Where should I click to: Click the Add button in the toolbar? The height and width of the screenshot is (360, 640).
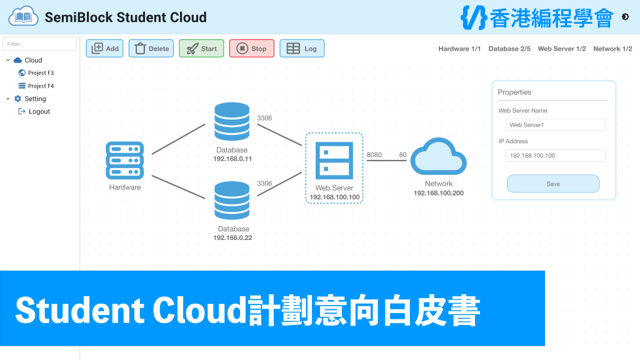pyautogui.click(x=104, y=49)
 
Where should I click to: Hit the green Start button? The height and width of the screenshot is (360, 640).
pyautogui.click(x=201, y=49)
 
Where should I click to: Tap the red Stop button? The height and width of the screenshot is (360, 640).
pyautogui.click(x=251, y=49)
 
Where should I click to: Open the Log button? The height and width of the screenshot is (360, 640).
pyautogui.click(x=302, y=49)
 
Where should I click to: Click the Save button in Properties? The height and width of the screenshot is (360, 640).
pyautogui.click(x=553, y=184)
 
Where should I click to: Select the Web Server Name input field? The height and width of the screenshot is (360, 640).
pyautogui.click(x=555, y=125)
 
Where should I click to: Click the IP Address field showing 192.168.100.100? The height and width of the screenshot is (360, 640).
pyautogui.click(x=555, y=156)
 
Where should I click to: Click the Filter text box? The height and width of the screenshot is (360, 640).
pyautogui.click(x=39, y=44)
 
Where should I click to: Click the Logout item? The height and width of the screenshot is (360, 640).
pyautogui.click(x=34, y=111)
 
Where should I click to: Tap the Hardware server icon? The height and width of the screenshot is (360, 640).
pyautogui.click(x=125, y=161)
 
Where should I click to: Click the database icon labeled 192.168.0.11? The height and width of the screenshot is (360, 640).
pyautogui.click(x=232, y=121)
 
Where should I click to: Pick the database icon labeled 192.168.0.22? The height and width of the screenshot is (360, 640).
pyautogui.click(x=232, y=201)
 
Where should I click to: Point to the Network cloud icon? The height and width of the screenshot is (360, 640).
pyautogui.click(x=439, y=157)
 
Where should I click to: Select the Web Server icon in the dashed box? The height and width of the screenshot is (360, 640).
pyautogui.click(x=334, y=161)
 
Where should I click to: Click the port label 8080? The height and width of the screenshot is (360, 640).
pyautogui.click(x=374, y=155)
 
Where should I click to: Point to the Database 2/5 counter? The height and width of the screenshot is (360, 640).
pyautogui.click(x=509, y=49)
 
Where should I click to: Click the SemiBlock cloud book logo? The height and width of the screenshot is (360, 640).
pyautogui.click(x=24, y=16)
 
